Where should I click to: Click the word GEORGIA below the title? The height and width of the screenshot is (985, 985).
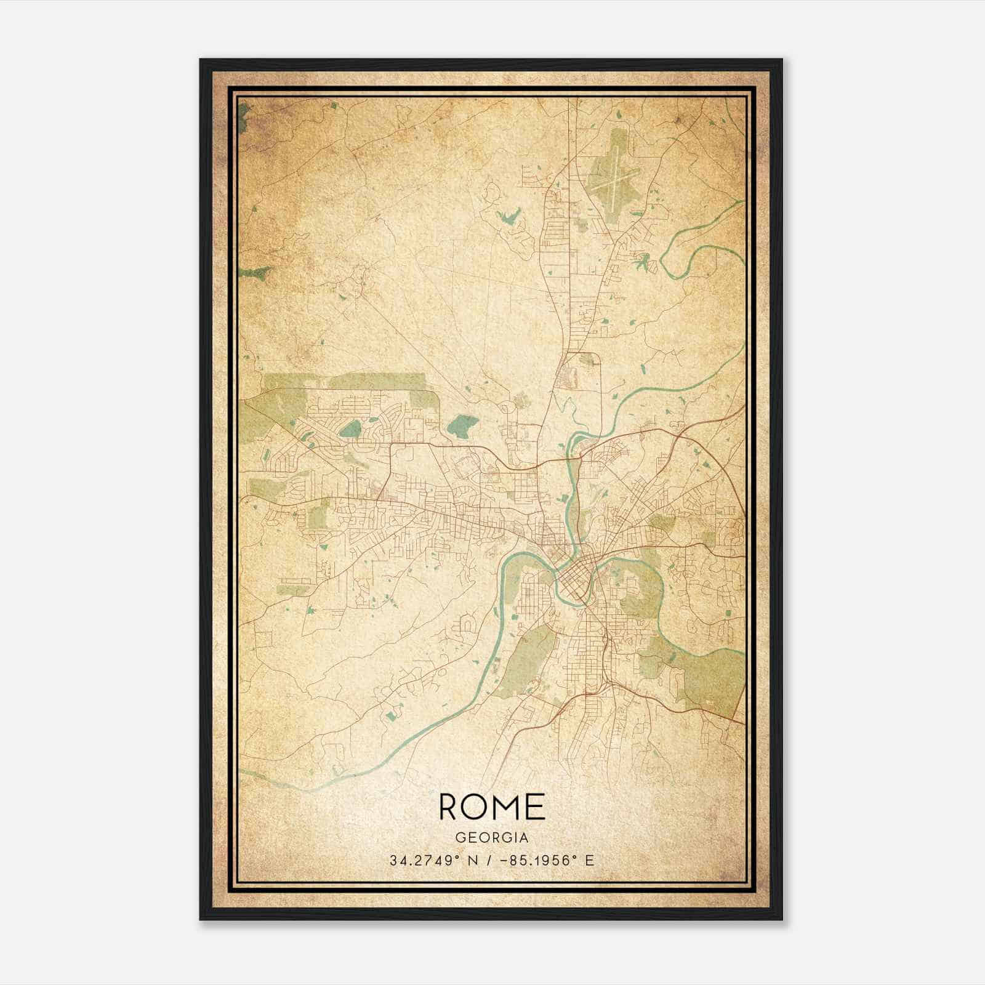(x=492, y=837)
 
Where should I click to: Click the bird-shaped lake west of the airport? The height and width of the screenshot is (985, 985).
(x=508, y=217)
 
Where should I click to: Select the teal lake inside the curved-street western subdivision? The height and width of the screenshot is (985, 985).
(x=350, y=428)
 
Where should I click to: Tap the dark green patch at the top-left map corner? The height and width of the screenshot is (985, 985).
(x=243, y=114)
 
